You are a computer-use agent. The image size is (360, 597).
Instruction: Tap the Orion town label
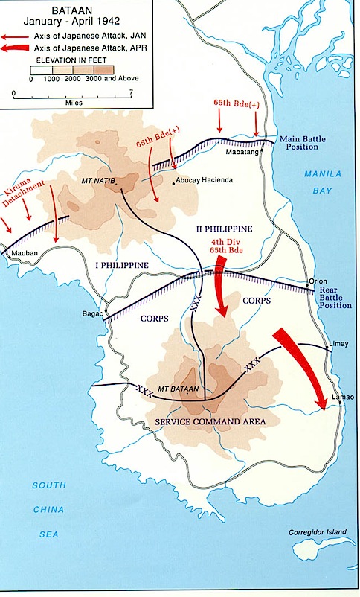pos(317,281)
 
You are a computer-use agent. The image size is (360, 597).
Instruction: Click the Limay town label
pos(338,344)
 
